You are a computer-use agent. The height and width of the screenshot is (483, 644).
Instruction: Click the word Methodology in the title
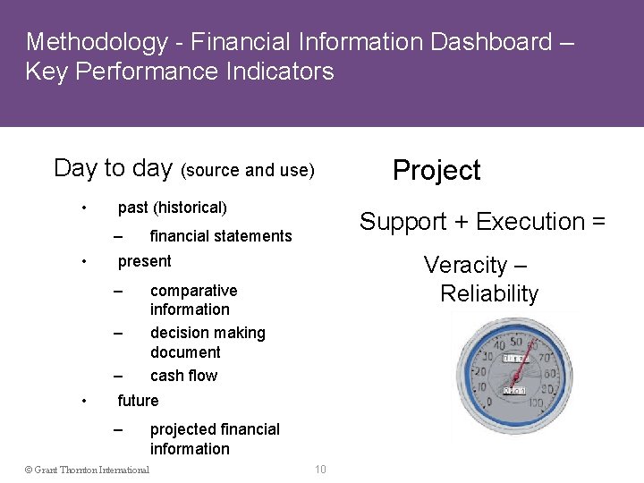pos(97,42)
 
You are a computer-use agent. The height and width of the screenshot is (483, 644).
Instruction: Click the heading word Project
pos(436,170)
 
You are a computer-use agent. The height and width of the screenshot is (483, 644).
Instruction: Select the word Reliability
pos(489,293)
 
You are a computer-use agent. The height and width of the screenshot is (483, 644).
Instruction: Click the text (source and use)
pos(248,170)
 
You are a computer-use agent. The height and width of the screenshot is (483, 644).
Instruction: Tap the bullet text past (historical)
pos(173,208)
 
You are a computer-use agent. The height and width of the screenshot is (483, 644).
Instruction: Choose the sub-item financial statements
pos(221,236)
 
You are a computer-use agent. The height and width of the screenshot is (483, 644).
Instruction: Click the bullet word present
pos(144,261)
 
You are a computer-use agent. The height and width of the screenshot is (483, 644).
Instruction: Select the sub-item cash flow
pos(183,376)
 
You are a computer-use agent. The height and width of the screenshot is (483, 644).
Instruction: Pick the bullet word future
pos(138,401)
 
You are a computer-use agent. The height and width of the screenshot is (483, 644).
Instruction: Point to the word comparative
pos(193,291)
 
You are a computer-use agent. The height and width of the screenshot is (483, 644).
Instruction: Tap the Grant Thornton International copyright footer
pos(87,470)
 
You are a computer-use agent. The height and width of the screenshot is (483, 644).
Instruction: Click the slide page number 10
pos(320,470)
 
